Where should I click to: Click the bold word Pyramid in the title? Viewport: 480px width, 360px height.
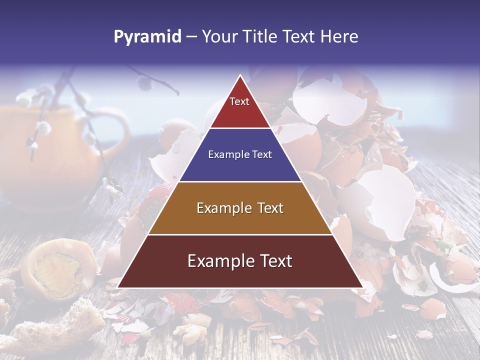tap(147, 37)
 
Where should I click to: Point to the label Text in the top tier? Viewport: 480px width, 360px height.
tap(239, 101)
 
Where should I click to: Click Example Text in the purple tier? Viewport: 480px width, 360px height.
tap(240, 154)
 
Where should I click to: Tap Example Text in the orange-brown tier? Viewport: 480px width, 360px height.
tap(240, 208)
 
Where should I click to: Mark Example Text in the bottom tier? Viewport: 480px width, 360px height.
tap(240, 261)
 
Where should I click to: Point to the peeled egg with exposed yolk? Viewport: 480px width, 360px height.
tap(57, 270)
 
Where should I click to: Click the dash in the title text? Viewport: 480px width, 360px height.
tap(191, 37)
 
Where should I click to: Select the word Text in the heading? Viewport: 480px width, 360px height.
tap(298, 37)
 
